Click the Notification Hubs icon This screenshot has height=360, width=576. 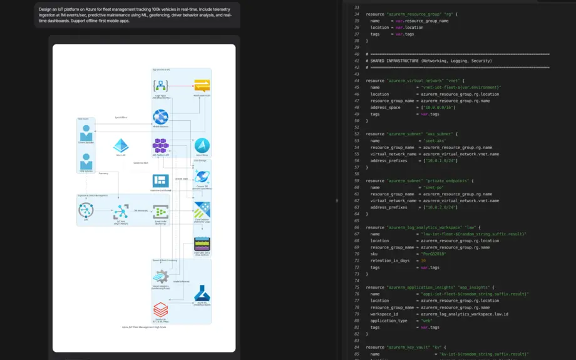202,86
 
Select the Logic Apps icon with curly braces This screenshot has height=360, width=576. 161,86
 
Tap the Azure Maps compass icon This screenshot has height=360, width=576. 202,145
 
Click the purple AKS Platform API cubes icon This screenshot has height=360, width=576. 161,146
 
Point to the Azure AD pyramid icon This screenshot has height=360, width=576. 121,146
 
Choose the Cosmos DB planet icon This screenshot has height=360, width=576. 202,177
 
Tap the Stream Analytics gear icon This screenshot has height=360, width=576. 161,276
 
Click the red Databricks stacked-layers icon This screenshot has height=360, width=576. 161,309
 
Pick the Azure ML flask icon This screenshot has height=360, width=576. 202,292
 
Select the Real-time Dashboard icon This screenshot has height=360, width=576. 161,180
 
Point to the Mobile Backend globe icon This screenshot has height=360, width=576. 161,116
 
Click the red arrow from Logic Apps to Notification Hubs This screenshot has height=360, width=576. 181,86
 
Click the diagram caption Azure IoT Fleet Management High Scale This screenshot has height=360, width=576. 144,327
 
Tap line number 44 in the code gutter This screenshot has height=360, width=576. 357,80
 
